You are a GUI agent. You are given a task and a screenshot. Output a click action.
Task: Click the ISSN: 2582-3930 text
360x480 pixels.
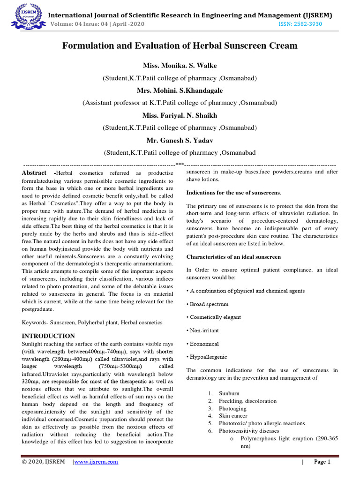300,24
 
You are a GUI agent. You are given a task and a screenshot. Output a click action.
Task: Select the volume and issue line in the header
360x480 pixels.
97,24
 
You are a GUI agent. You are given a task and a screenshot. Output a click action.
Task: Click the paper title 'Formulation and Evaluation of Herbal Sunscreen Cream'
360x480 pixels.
180,46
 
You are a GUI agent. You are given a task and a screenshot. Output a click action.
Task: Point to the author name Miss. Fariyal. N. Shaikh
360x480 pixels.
180,115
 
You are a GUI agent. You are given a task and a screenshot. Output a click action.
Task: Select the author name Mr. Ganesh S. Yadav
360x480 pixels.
180,140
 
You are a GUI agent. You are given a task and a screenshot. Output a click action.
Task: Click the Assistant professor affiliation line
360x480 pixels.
180,102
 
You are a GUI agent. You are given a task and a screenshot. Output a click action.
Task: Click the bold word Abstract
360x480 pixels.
34,173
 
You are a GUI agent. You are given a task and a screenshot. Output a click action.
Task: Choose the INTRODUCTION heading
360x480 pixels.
48,336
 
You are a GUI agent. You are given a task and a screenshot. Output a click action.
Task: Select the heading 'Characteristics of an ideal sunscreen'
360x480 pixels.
233,257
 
